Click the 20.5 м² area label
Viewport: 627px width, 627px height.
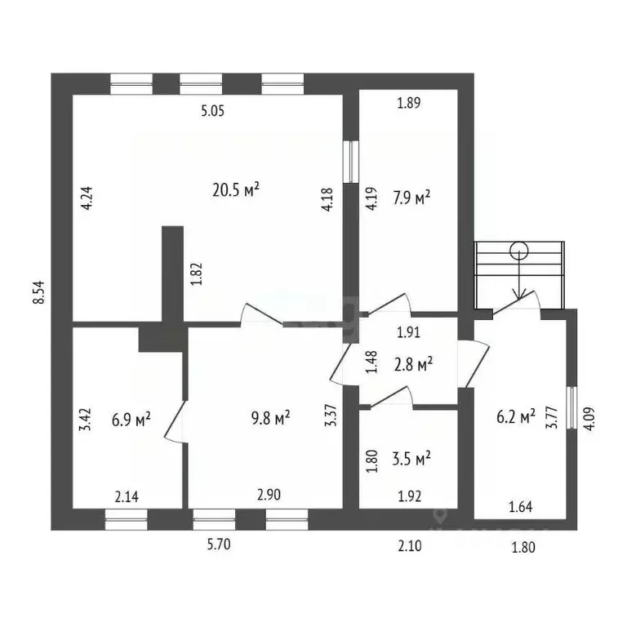tap(236, 190)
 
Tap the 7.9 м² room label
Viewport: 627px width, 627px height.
tap(411, 198)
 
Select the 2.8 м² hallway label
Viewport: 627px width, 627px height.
tap(413, 364)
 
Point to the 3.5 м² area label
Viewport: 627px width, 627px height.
tap(411, 458)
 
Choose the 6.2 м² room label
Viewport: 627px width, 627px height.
tap(516, 417)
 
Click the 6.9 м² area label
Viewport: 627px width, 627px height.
tap(131, 420)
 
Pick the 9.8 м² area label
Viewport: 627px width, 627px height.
tap(270, 418)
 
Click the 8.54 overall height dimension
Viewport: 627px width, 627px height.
tap(39, 292)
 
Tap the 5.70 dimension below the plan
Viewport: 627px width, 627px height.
tap(219, 545)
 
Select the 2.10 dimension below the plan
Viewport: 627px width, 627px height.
tap(410, 545)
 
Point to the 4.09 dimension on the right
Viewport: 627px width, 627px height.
tap(589, 418)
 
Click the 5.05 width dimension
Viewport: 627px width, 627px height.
tap(213, 111)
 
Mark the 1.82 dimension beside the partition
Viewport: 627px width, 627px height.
tap(196, 273)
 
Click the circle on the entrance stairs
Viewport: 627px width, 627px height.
tap(519, 251)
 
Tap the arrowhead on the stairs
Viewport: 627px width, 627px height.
tap(519, 294)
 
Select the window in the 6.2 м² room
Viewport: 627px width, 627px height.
tap(572, 407)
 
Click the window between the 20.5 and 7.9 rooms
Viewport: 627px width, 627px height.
tap(351, 162)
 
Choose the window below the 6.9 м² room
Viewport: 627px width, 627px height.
tap(126, 519)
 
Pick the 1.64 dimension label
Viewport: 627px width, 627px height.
tap(521, 507)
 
